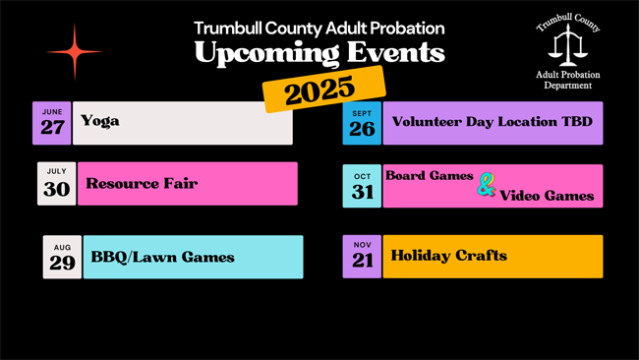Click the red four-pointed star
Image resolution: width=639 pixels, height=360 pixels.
(75, 51)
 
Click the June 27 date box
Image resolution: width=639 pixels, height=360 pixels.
(52, 122)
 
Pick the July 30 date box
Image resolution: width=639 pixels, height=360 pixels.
(56, 184)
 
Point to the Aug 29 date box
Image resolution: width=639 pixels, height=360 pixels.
(62, 257)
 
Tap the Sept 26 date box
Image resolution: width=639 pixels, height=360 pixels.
(362, 123)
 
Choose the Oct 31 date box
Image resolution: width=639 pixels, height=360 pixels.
(363, 186)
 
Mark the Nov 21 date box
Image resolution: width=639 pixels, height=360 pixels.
(362, 256)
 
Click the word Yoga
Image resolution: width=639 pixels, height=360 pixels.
(100, 121)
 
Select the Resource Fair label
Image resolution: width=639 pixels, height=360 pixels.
(142, 183)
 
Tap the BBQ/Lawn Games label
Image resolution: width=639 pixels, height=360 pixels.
(162, 257)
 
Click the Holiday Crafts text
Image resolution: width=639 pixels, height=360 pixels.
(449, 256)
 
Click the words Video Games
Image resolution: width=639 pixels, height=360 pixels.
(547, 196)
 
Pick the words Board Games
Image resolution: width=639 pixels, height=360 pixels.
(430, 175)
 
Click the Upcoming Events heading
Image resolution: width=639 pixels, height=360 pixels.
(319, 53)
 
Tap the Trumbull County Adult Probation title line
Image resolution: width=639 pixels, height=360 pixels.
(319, 28)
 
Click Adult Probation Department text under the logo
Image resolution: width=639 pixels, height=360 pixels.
(568, 80)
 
